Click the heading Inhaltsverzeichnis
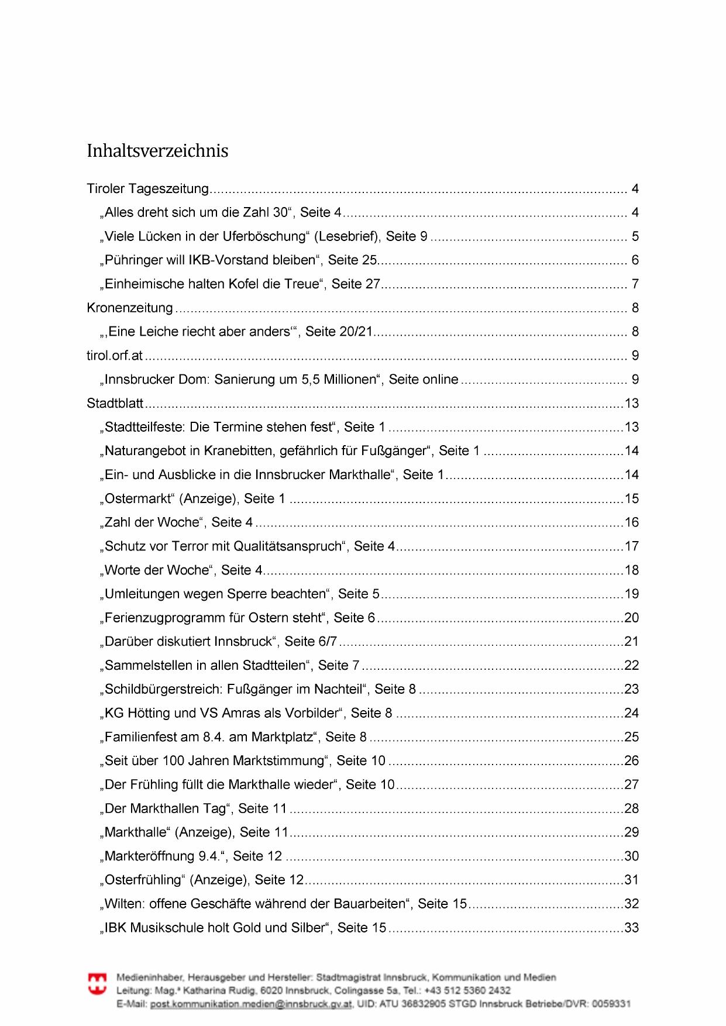pyautogui.click(x=157, y=151)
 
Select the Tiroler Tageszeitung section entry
pyautogui.click(x=147, y=189)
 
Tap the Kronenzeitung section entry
pyautogui.click(x=130, y=308)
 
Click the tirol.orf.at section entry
pyautogui.click(x=115, y=356)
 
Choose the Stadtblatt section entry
pyautogui.click(x=115, y=403)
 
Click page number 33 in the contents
pyautogui.click(x=632, y=928)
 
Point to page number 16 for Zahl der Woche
pyautogui.click(x=632, y=522)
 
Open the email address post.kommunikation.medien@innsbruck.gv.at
pyautogui.click(x=251, y=1004)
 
